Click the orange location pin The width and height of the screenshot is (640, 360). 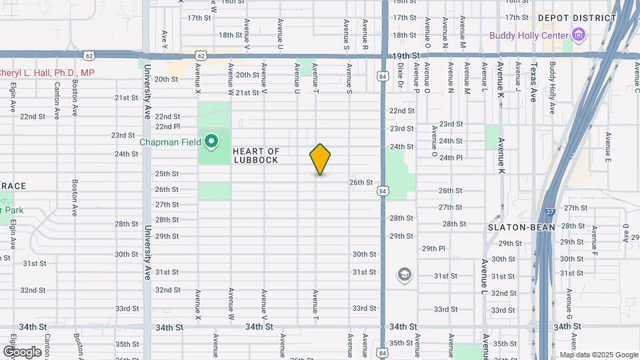coord(320,159)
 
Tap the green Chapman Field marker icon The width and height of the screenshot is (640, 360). coord(212,141)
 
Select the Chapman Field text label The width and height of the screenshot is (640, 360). coord(170,141)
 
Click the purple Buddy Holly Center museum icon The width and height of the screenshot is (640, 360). coord(578,35)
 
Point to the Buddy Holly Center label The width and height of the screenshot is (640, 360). coord(529,35)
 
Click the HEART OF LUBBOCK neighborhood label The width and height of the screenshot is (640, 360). coord(256,156)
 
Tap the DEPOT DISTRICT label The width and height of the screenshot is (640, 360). coord(577,18)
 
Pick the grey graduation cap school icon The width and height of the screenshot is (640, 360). coord(404,274)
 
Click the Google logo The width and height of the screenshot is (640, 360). coord(22,351)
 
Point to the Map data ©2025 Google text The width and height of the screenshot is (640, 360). coord(599,355)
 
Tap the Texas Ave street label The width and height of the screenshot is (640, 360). coord(533,82)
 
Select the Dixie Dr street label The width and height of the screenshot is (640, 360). coord(401,75)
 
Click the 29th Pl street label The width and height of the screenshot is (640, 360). coord(433,249)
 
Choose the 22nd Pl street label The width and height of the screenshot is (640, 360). coord(168,126)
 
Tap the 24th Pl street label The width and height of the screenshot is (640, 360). coord(451,158)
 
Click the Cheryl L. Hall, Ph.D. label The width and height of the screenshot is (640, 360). coord(47,73)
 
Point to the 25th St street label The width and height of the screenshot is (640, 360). coord(167,174)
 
